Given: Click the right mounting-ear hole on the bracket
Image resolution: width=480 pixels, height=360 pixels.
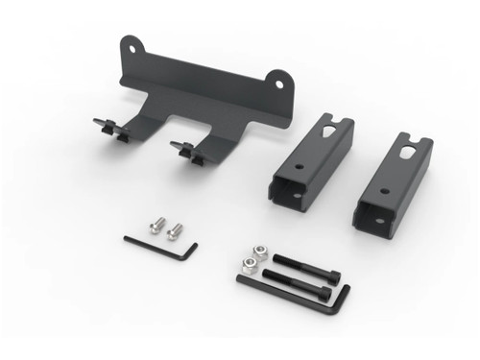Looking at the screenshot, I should point(279,84).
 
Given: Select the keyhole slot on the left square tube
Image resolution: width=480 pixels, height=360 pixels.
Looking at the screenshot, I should point(331,126).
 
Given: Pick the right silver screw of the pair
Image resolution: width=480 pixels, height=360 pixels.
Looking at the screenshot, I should point(176,230).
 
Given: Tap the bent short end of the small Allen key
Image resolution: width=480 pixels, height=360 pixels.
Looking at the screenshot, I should point(193,251).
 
